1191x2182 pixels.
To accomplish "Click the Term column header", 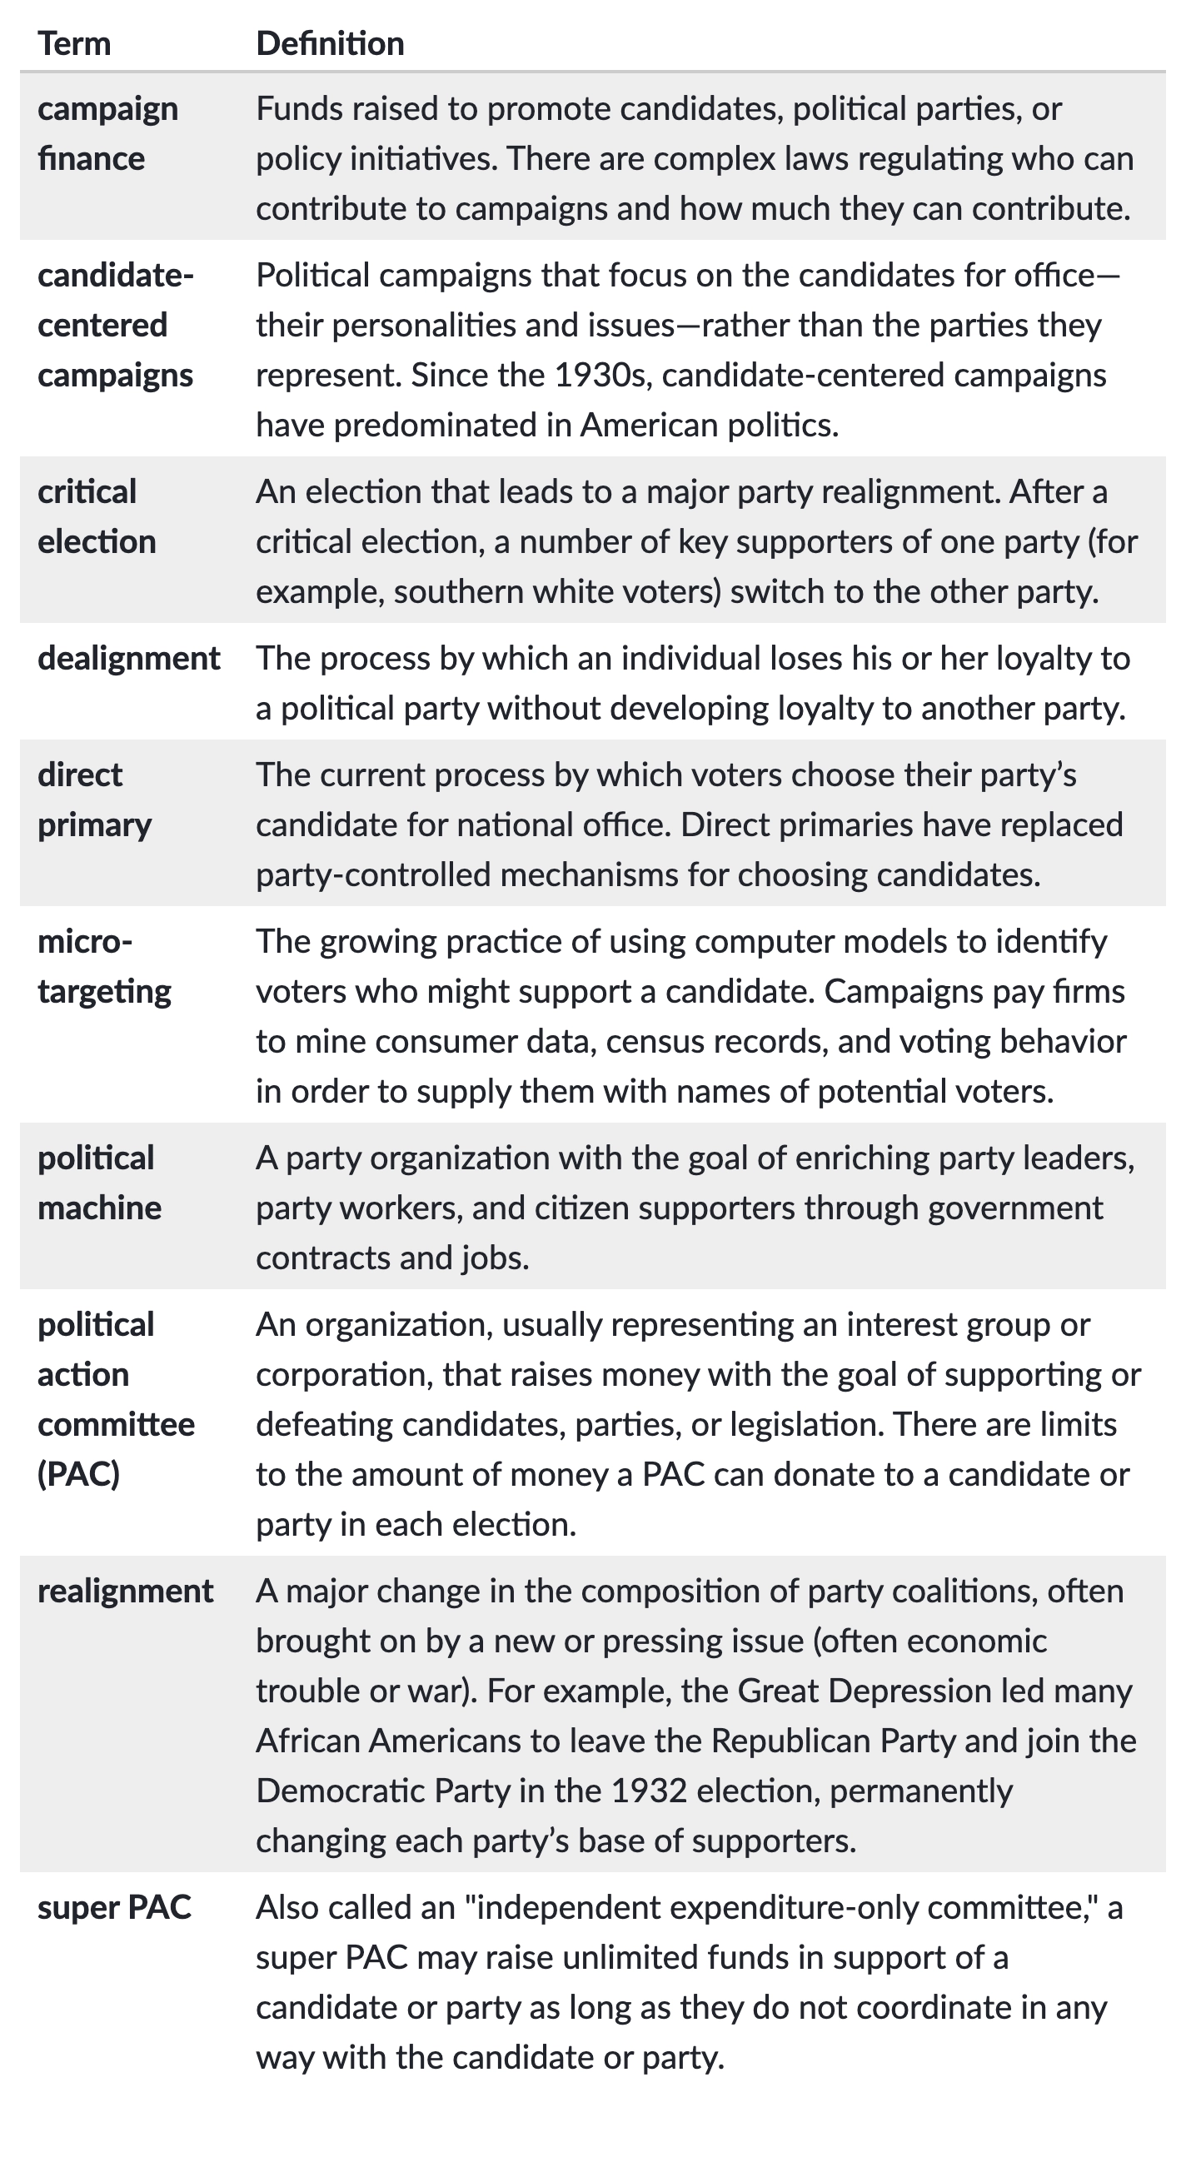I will tap(75, 44).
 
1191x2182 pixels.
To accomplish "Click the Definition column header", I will tap(330, 44).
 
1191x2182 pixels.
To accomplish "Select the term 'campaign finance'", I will tap(107, 134).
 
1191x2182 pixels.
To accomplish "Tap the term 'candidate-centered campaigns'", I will tap(115, 326).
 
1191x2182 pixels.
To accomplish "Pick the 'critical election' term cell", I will tap(97, 516).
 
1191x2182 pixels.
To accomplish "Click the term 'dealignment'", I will tap(129, 658).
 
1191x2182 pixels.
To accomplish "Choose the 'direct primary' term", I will tap(94, 800).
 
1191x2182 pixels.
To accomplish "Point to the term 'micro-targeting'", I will tap(104, 966).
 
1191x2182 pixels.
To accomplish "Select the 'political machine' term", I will tap(99, 1183).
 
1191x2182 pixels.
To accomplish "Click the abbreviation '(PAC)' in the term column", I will tap(79, 1474).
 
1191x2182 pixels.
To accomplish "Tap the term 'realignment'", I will tap(126, 1591).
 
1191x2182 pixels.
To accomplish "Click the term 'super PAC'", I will tap(114, 1906).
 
